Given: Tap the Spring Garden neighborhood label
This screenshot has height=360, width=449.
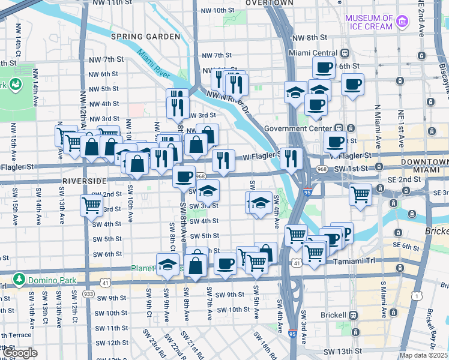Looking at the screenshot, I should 145,37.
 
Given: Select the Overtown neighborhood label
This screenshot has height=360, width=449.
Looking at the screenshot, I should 270,3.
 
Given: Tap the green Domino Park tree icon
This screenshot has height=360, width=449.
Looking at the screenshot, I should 19,280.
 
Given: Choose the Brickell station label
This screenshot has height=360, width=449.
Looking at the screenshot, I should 331,315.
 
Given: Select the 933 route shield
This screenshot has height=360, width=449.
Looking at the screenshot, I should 88,293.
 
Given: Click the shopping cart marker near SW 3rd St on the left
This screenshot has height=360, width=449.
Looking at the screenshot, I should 92,205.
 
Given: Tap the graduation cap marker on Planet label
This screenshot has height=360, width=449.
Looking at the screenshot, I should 167,264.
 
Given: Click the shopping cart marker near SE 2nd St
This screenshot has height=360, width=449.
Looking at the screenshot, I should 360,194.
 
